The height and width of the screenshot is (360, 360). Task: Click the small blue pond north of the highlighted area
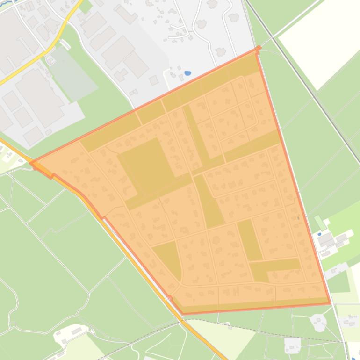click(187, 73)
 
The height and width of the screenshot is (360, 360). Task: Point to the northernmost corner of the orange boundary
click(258, 48)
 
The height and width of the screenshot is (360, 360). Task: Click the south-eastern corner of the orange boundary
click(330, 303)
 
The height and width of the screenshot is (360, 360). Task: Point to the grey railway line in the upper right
click(304, 79)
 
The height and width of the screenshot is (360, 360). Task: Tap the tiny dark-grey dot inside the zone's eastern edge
click(298, 218)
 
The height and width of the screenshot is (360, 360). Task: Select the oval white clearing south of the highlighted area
click(319, 323)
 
